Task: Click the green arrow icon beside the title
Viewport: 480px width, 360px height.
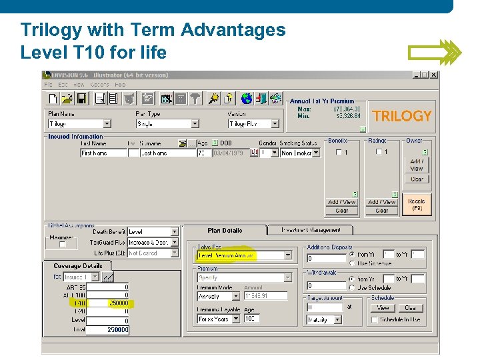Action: click(x=434, y=52)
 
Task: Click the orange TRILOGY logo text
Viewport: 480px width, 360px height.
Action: click(x=402, y=116)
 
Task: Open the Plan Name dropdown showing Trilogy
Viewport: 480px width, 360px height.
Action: click(x=79, y=124)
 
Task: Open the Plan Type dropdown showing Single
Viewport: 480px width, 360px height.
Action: click(x=167, y=124)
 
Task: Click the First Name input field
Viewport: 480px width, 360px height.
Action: click(x=103, y=153)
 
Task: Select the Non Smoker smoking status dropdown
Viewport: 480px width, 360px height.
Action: click(x=300, y=153)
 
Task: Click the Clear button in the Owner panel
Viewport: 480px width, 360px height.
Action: click(x=417, y=179)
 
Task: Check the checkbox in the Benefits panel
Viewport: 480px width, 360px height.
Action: click(x=339, y=152)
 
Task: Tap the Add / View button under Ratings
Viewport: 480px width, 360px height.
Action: click(x=382, y=202)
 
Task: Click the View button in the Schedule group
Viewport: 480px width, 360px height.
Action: click(x=383, y=308)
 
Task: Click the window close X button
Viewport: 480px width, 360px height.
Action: click(x=434, y=75)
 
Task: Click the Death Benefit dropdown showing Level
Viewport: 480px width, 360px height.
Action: click(x=153, y=232)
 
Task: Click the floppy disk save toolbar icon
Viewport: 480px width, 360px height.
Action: click(x=81, y=99)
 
